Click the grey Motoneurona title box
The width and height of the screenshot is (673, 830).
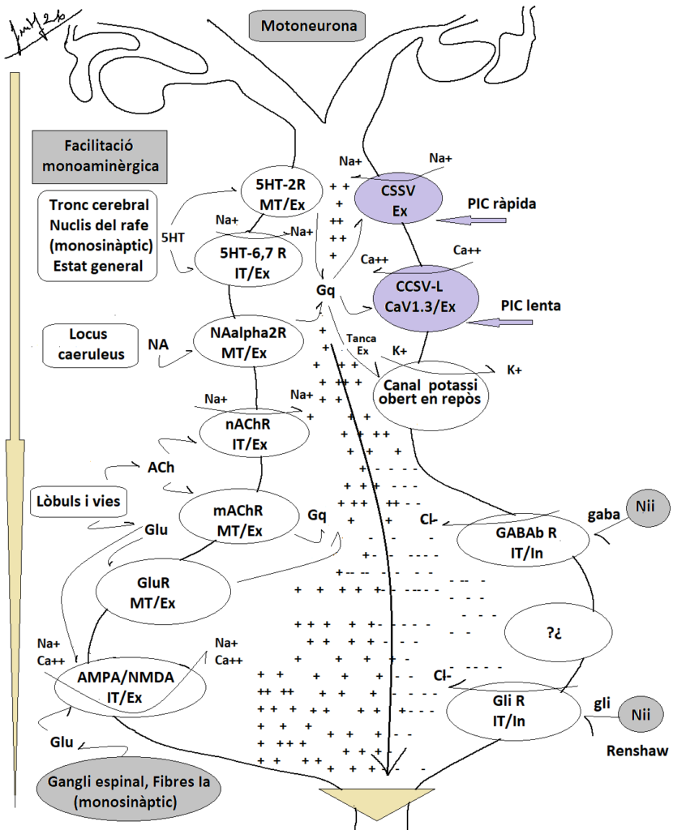(308, 26)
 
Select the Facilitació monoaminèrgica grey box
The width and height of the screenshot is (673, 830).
(100, 157)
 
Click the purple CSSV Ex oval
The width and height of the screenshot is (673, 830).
(398, 199)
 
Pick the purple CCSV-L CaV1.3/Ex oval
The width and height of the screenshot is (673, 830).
(426, 298)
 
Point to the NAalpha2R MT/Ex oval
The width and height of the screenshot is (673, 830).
(248, 343)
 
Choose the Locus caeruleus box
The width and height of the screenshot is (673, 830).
(90, 344)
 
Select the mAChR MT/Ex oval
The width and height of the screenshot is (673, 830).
(239, 520)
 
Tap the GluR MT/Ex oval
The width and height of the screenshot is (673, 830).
(163, 592)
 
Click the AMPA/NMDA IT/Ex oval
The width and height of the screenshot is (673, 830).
(131, 687)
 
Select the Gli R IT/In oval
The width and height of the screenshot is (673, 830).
(513, 711)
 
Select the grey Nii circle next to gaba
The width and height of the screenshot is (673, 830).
(646, 507)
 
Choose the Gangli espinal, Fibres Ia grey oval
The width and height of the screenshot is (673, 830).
(129, 791)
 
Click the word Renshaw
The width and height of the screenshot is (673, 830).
(637, 751)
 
